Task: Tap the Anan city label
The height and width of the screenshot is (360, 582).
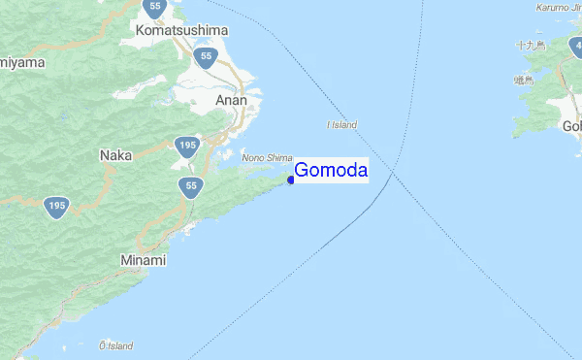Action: point(232,100)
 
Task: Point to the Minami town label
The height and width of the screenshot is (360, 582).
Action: point(144,261)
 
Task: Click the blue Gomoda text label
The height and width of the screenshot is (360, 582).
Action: point(331,171)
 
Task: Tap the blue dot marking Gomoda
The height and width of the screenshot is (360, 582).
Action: point(292,180)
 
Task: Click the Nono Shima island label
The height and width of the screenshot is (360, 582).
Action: point(266,156)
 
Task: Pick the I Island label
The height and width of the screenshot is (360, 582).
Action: point(342,125)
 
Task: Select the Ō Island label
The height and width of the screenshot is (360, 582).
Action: point(115,345)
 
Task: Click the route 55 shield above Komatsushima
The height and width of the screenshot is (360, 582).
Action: point(155,7)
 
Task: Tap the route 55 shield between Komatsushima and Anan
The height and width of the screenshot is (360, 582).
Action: point(205,56)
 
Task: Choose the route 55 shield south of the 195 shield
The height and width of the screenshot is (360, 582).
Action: point(190,185)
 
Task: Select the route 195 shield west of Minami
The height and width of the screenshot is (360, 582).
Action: point(57,206)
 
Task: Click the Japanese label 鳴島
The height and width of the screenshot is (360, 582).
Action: point(525,80)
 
